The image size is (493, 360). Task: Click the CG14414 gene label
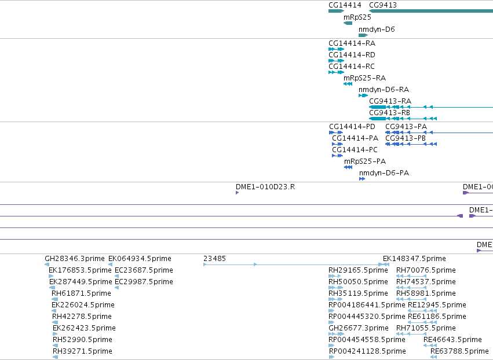point(345,5)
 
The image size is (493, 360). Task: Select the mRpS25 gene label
point(357,17)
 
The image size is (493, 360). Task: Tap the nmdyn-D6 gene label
point(377,29)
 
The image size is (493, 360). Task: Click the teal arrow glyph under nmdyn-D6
point(363,35)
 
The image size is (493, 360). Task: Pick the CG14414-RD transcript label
point(352,55)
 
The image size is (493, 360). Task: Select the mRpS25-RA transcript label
point(365,78)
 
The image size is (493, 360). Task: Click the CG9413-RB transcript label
point(389,112)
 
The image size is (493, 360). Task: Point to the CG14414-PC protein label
point(355,150)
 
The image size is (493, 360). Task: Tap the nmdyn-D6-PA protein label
point(384,173)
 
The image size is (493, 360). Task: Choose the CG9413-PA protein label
point(406,127)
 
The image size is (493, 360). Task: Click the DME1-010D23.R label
point(265,187)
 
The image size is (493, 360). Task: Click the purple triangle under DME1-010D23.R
point(237,193)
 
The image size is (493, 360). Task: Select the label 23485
point(214,259)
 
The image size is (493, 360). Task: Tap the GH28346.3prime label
point(75,259)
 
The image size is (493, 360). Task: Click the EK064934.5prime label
point(140,259)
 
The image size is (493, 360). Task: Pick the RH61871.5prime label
point(82,293)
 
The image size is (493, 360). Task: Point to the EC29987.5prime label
point(144,282)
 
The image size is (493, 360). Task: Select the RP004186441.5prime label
point(367,304)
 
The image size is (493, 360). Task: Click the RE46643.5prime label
point(452,340)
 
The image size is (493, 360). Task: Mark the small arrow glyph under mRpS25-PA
point(348,167)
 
